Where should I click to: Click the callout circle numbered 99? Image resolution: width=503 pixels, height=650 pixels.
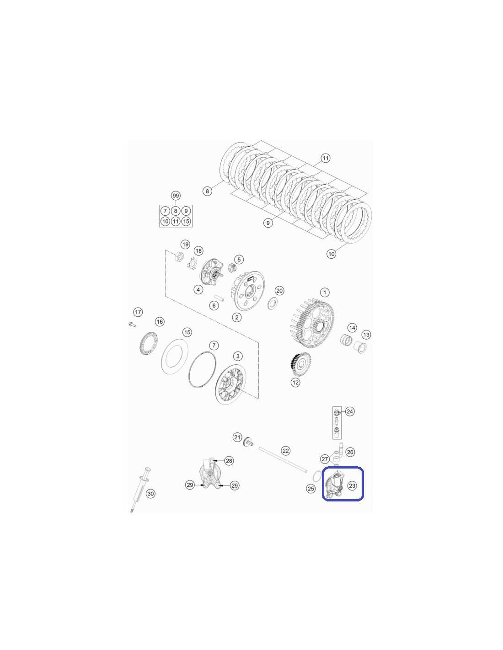pos(176,196)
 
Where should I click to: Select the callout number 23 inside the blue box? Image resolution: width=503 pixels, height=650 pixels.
pos(352,485)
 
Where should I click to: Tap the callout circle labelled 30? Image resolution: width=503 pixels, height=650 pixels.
pos(150,493)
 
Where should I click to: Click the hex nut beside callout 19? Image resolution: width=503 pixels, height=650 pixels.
pos(179,256)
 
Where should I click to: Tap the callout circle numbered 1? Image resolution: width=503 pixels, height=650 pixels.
pos(325,292)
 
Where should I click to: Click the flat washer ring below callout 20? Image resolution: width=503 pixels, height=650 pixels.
pos(272,304)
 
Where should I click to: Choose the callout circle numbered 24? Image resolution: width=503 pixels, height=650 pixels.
pos(349,411)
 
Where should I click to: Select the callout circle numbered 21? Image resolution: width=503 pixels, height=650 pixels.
pos(237,437)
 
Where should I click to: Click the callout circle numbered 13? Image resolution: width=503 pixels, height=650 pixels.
pos(366,335)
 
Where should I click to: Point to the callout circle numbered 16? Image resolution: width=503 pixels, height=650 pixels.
pos(160,321)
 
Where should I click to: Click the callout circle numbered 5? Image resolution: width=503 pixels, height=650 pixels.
pos(239,259)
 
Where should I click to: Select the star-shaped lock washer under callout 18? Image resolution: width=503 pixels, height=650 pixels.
pos(191,263)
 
